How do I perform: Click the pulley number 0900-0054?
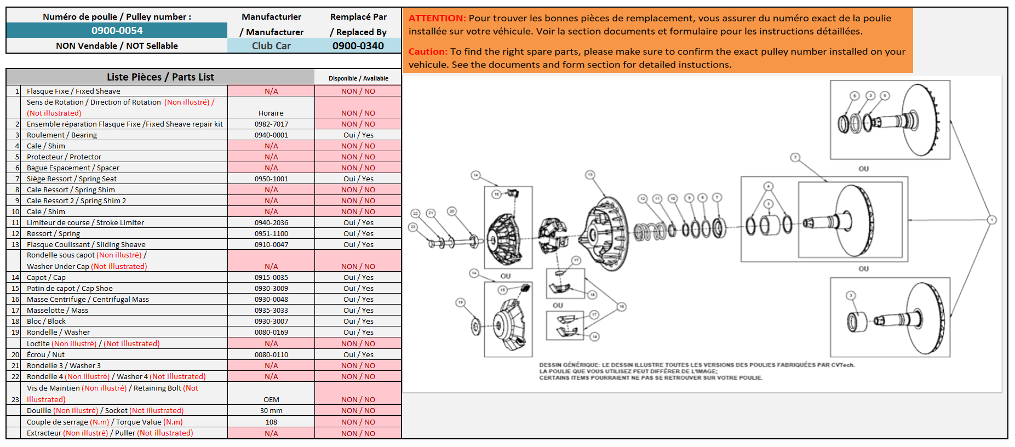[117, 31]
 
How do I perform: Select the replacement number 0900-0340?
[358, 46]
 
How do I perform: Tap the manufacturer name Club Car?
[271, 46]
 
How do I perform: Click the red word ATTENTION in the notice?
[437, 18]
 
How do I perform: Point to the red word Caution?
[428, 51]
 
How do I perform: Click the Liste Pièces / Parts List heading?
[160, 77]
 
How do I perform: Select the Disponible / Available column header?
[358, 78]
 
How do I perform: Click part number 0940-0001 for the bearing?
[271, 135]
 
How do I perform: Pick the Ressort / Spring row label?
[53, 234]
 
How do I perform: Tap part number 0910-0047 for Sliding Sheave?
[271, 245]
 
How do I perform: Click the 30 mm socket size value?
[271, 411]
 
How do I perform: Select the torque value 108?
[271, 422]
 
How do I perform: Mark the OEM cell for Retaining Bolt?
[271, 400]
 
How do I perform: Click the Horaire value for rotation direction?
[271, 113]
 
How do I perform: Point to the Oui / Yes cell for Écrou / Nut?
[358, 355]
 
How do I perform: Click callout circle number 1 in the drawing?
[991, 220]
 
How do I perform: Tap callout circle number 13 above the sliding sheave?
[590, 175]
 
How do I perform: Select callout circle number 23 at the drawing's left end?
[413, 226]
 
